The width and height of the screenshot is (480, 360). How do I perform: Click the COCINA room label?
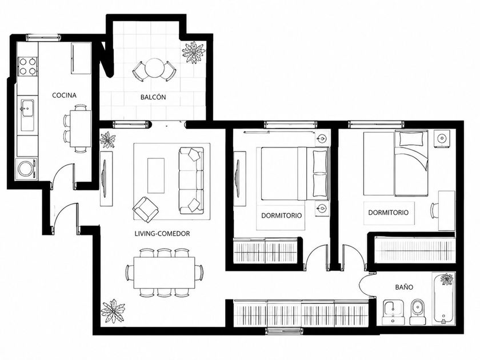[64, 95]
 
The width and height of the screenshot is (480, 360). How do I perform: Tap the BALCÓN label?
[153, 97]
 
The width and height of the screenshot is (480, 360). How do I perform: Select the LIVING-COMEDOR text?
[162, 234]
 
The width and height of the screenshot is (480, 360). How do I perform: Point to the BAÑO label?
[404, 287]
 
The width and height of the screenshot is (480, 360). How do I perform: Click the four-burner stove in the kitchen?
[27, 66]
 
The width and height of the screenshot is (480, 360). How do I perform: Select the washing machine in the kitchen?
[27, 168]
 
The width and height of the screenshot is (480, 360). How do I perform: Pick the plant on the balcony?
[194, 53]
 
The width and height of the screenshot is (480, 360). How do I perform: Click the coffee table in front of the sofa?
[156, 176]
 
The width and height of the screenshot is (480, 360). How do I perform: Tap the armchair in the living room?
[146, 209]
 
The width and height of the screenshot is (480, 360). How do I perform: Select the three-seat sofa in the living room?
[191, 181]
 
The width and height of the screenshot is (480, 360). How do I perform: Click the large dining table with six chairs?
[165, 273]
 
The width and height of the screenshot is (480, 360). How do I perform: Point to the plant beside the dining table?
[113, 311]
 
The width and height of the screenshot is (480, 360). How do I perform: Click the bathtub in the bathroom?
[443, 298]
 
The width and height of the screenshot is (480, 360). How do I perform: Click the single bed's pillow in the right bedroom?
[411, 139]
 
